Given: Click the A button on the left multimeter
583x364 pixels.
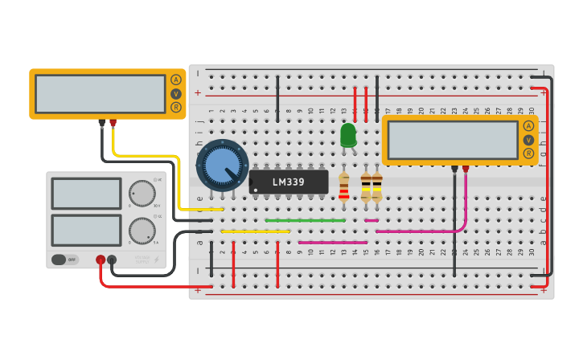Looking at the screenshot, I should click(176, 80).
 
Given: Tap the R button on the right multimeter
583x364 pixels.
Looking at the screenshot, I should click(528, 153).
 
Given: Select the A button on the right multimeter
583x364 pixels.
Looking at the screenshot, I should click(528, 125).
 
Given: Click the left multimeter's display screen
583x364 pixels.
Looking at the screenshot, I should click(101, 94).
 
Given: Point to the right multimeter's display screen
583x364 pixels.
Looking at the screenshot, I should click(453, 140).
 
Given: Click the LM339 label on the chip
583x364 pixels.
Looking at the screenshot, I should click(289, 182).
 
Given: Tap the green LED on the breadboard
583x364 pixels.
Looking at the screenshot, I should click(348, 134).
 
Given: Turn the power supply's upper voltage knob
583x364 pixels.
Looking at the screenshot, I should click(142, 194).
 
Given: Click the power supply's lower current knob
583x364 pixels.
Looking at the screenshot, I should click(142, 231).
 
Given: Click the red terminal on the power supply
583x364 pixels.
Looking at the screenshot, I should click(101, 260).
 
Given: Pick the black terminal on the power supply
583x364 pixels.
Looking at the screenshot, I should click(112, 260).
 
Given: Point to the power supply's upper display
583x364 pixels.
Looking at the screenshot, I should click(86, 194).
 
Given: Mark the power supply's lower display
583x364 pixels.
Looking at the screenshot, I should click(86, 231).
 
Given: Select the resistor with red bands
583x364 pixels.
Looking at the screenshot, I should click(344, 186).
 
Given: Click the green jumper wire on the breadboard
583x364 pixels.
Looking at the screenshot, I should click(306, 220).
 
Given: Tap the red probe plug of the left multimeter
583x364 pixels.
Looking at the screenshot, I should click(113, 124).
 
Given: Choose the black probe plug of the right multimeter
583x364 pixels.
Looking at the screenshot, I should click(454, 169).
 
